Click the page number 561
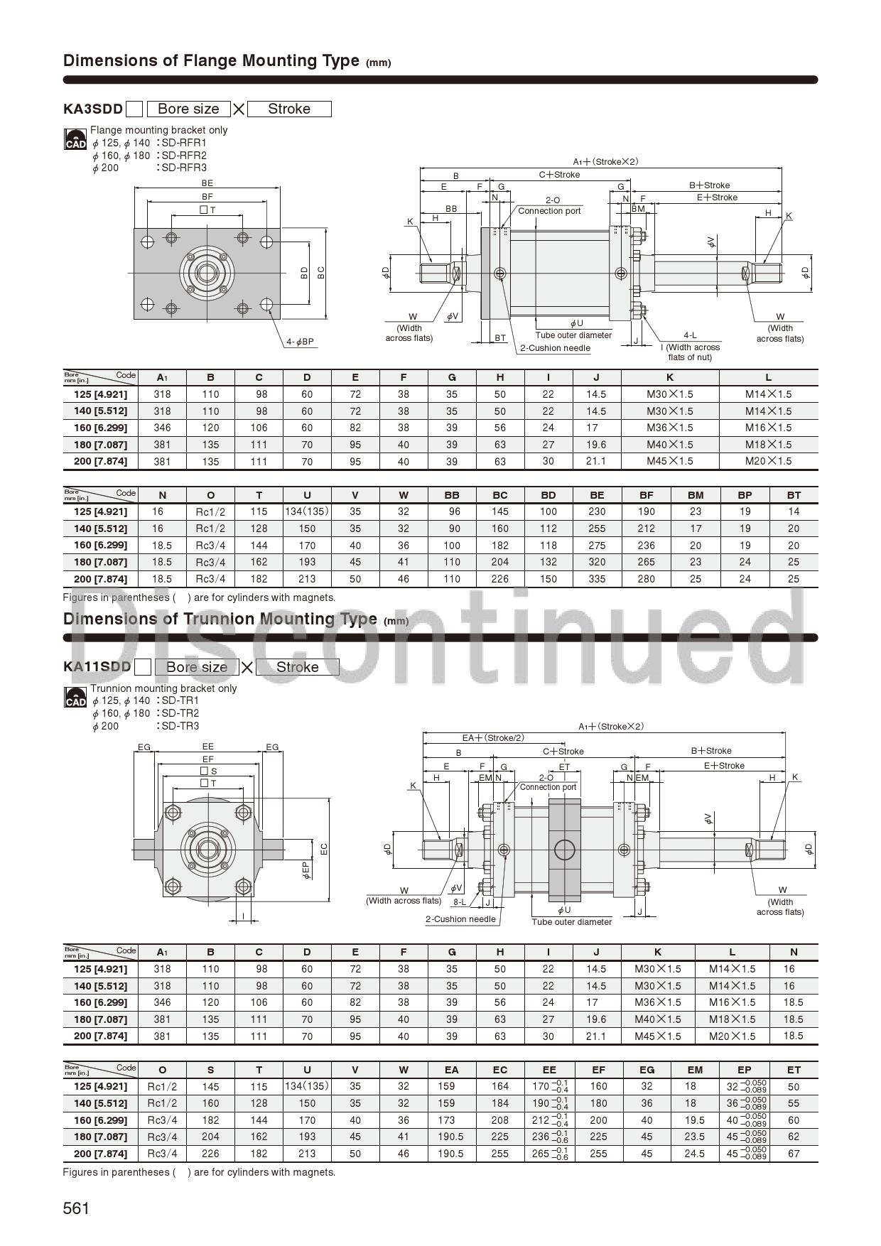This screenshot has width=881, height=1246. [x=76, y=1208]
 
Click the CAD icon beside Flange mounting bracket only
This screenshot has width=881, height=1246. [x=75, y=139]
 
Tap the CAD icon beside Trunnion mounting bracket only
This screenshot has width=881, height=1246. [x=75, y=698]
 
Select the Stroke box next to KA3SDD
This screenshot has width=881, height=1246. [x=289, y=109]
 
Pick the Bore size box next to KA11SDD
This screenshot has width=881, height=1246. [x=197, y=667]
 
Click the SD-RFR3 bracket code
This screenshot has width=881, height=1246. [x=184, y=168]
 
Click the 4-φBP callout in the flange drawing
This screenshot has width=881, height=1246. [x=300, y=342]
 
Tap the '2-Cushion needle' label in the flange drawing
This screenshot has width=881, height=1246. [x=555, y=348]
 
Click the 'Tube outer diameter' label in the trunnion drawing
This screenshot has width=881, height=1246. [x=572, y=922]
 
